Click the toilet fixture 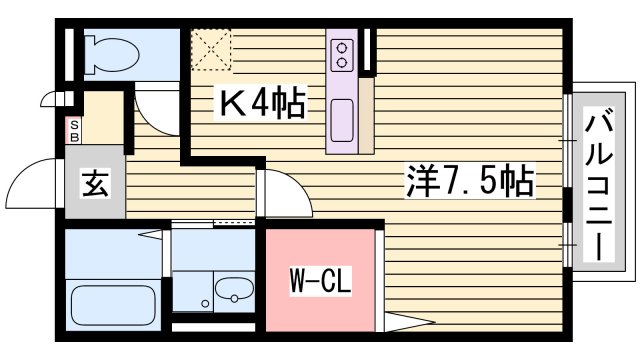(x=109, y=52)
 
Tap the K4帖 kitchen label (x=261, y=102)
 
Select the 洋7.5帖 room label (x=469, y=182)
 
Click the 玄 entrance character (x=95, y=186)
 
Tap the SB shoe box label (x=73, y=130)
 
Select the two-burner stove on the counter (x=342, y=54)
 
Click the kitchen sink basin (x=342, y=121)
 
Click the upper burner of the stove (x=342, y=46)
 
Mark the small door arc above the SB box (x=55, y=101)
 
